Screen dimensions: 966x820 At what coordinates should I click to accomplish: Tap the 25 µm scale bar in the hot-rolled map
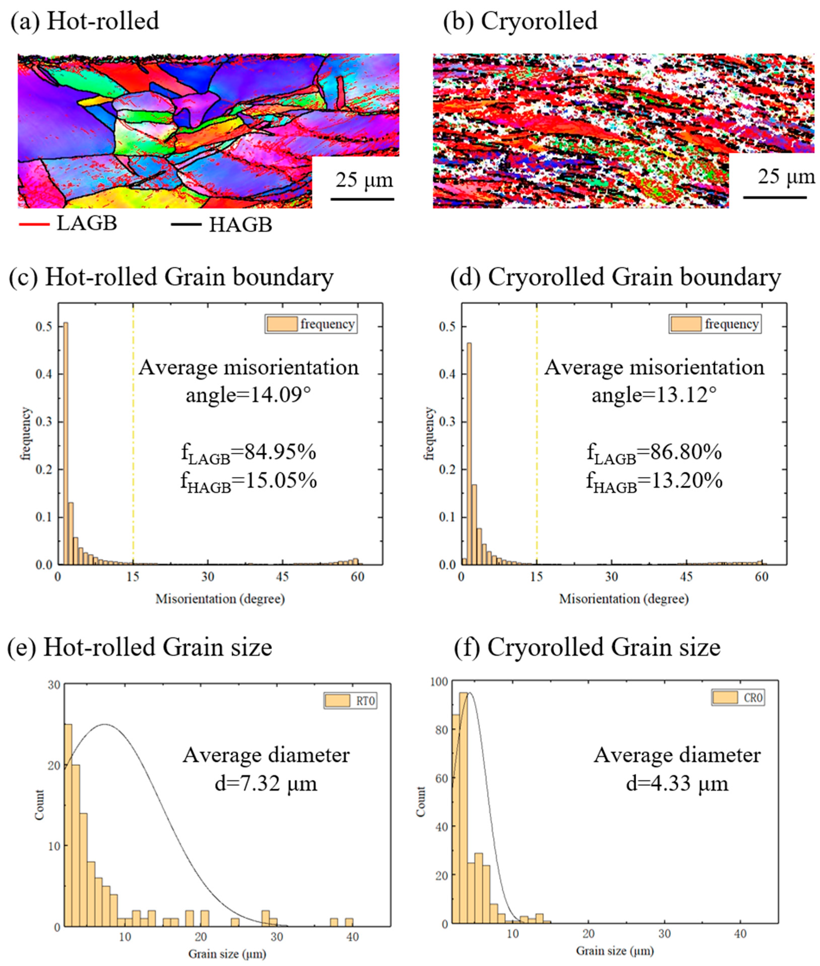tap(362, 199)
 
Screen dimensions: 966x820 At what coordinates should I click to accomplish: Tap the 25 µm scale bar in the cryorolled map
tap(775, 197)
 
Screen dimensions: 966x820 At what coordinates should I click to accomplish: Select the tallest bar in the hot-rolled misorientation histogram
tap(66, 444)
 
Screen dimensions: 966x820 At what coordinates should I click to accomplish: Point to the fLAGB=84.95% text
tap(249, 452)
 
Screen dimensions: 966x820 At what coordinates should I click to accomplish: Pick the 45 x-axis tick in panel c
tap(283, 577)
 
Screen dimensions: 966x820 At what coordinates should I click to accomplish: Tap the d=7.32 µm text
tap(266, 784)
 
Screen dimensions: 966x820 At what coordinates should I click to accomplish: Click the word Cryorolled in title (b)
tap(539, 21)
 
